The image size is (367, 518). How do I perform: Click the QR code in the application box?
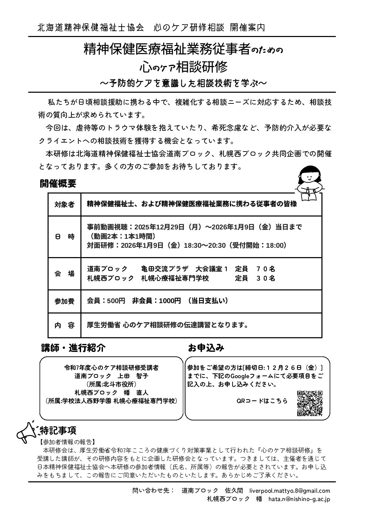click(x=310, y=403)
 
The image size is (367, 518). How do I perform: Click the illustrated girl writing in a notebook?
click(x=308, y=182)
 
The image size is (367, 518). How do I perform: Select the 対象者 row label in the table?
click(x=64, y=204)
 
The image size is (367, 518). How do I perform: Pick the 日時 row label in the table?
click(x=64, y=237)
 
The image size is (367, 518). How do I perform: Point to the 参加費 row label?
click(x=64, y=301)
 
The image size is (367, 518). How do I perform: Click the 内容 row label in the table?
click(x=64, y=325)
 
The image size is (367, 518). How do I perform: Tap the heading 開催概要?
click(x=58, y=183)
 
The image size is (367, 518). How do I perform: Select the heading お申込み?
click(x=206, y=348)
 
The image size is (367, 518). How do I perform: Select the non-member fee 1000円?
click(x=170, y=301)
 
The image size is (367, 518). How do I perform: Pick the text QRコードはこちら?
click(x=262, y=401)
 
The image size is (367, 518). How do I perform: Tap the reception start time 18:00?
click(x=276, y=245)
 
